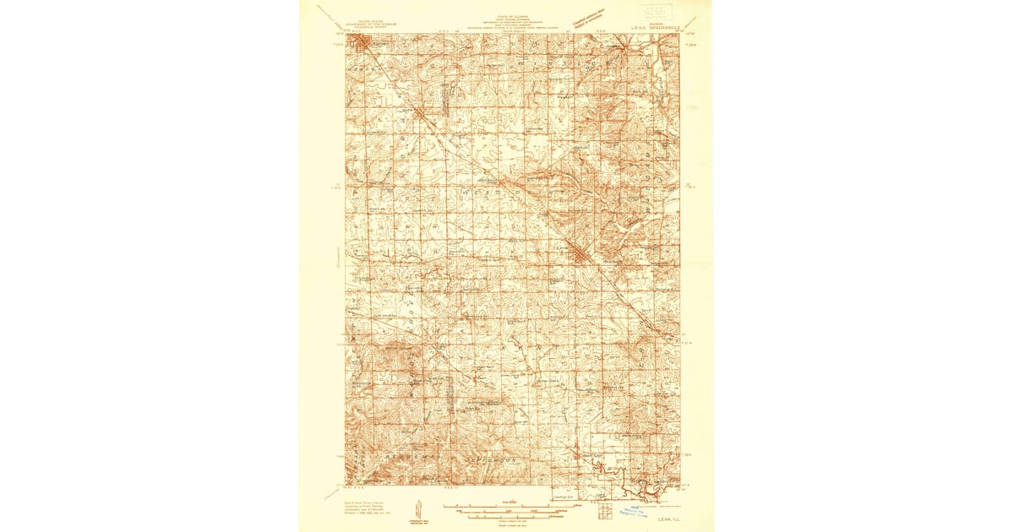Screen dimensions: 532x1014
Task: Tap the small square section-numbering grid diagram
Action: coord(604,512)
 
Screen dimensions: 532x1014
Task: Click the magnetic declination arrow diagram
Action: coord(417,509)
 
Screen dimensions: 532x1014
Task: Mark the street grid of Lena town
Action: coord(578,252)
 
